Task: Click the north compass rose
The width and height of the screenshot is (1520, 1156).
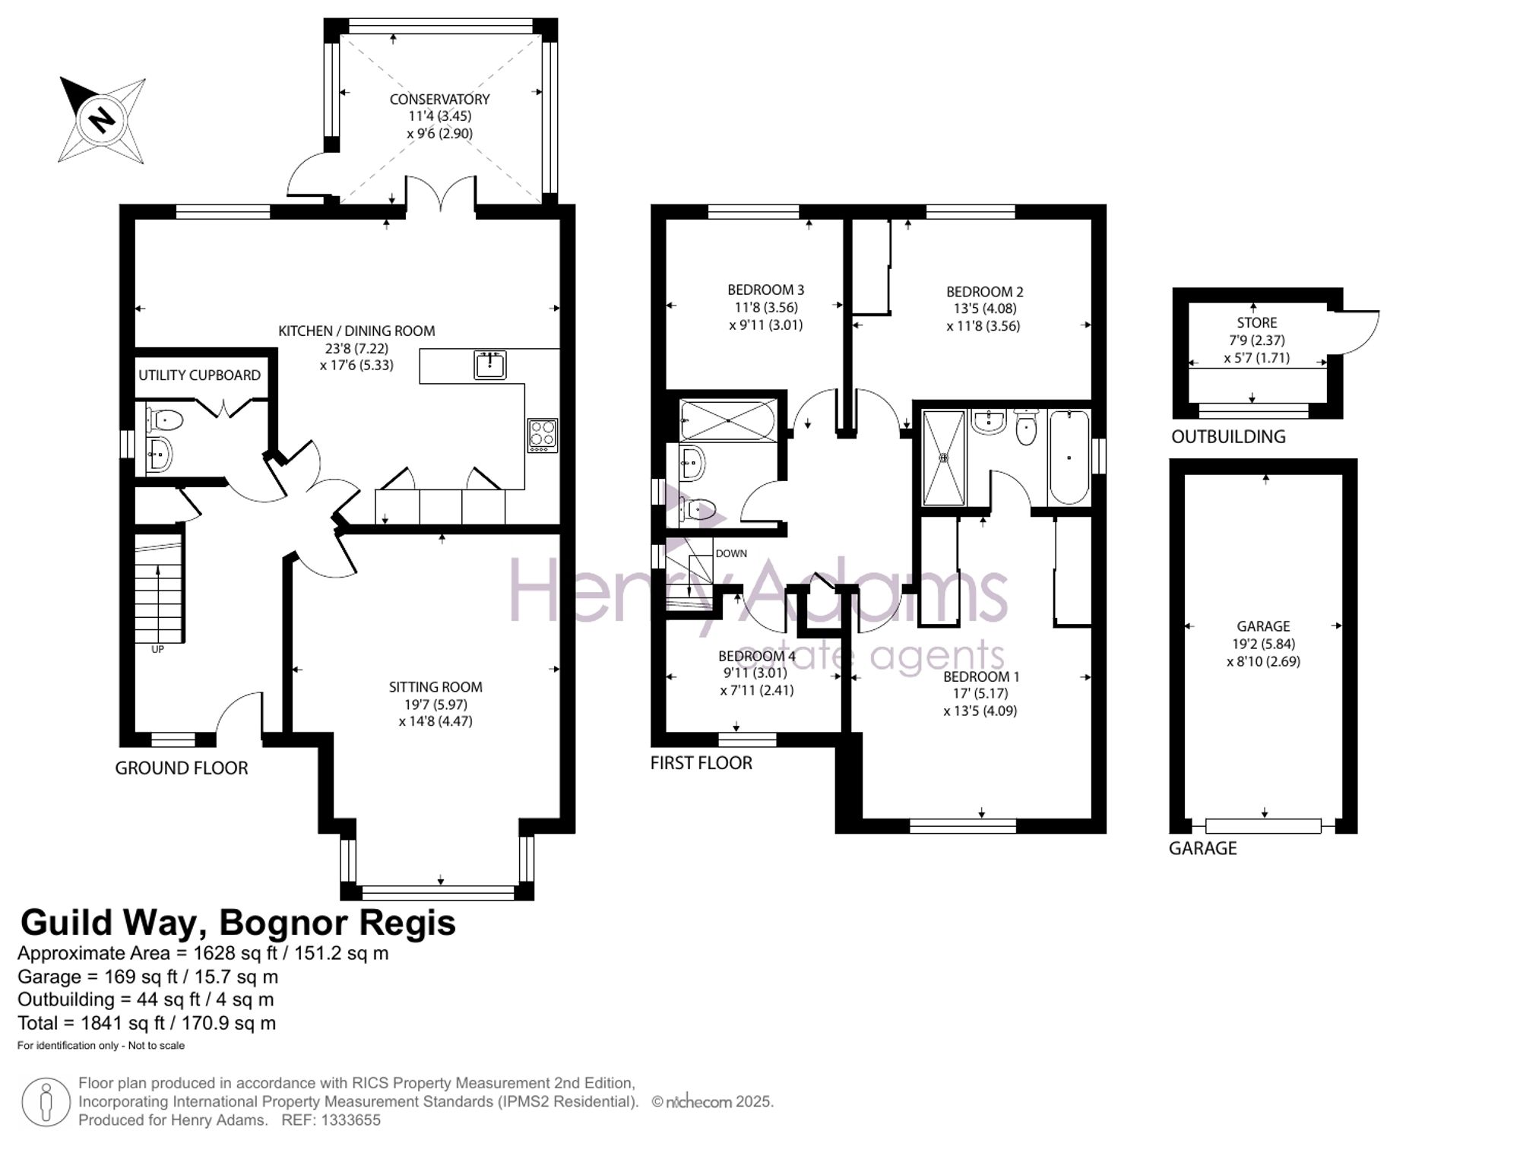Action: [103, 120]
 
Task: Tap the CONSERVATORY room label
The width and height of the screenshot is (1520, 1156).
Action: [439, 100]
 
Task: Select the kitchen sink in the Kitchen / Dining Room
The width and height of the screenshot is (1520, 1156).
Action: [490, 365]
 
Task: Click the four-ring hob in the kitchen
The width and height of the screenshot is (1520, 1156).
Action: [543, 435]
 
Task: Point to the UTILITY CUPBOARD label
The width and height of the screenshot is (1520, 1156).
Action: [199, 375]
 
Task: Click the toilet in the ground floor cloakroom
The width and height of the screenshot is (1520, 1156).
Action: [165, 420]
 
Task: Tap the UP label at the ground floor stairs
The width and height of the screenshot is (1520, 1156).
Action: [157, 650]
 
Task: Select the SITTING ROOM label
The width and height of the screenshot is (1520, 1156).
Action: [435, 687]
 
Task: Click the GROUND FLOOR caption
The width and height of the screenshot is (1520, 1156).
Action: [182, 768]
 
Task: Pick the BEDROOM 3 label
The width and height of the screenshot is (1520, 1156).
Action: [765, 290]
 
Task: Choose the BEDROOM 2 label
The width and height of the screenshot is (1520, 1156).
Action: [984, 292]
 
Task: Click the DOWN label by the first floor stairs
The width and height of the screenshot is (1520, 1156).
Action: [731, 553]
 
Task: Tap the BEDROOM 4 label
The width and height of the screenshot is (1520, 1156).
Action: [757, 656]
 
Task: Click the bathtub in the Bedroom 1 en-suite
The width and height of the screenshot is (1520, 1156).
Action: [1069, 458]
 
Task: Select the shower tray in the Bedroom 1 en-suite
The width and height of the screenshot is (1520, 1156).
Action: [944, 458]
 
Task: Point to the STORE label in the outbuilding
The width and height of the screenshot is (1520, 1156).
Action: [1256, 323]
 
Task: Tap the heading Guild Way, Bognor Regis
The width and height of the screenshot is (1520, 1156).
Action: [238, 923]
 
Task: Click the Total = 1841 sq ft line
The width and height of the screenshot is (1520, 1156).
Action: [147, 1023]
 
